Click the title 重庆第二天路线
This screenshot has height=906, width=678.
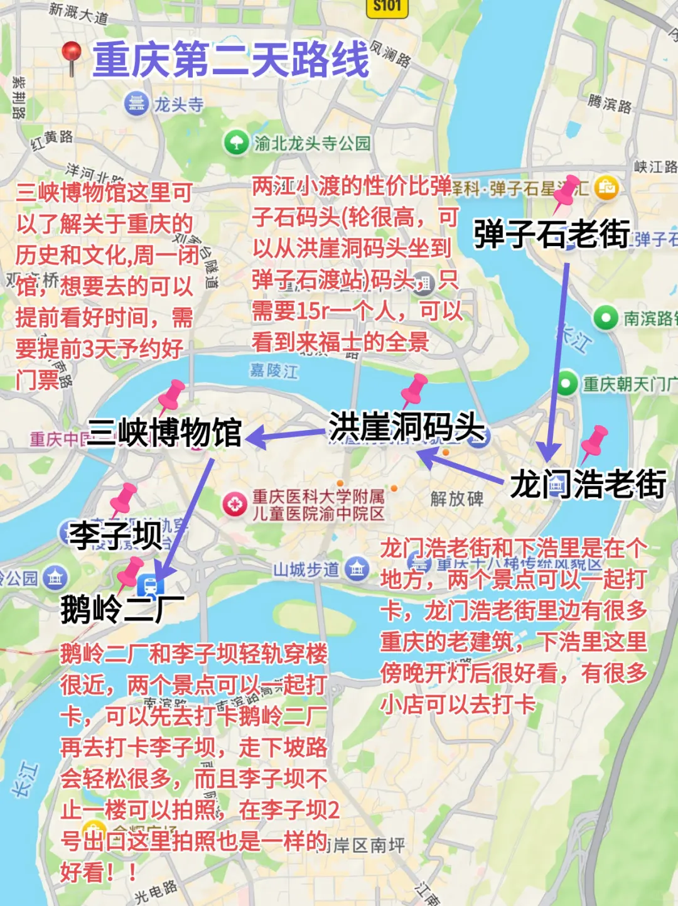[231, 60]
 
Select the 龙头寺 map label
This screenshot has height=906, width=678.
[179, 104]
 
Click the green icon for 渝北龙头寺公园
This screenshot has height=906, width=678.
[236, 143]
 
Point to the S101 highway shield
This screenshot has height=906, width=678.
[387, 6]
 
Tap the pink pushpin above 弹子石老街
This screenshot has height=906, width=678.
[566, 192]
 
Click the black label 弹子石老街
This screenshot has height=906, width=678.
[551, 234]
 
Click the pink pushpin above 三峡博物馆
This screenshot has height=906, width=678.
[171, 394]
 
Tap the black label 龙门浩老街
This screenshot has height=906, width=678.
[588, 484]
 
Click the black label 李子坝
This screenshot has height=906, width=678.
[116, 535]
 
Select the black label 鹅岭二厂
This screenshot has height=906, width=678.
[122, 609]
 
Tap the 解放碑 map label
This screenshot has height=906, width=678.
[457, 499]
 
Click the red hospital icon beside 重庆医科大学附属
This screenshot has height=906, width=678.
[235, 504]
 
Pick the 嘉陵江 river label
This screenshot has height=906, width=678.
[274, 370]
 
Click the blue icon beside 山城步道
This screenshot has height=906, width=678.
[357, 569]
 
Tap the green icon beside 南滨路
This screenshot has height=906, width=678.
[606, 318]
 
